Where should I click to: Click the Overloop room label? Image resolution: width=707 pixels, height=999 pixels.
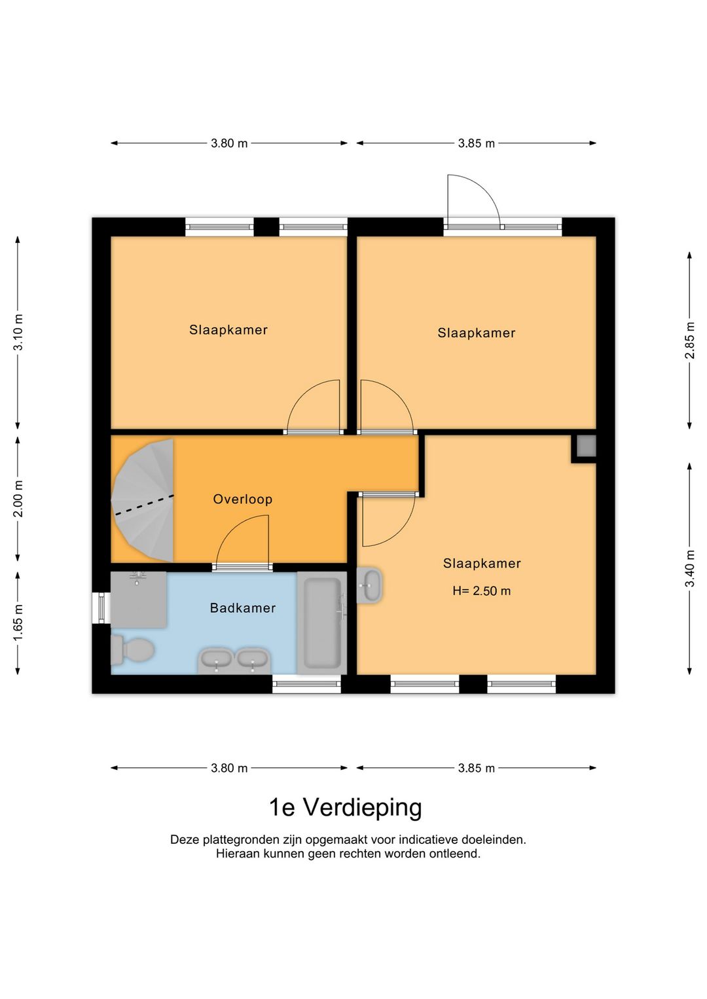click(x=242, y=499)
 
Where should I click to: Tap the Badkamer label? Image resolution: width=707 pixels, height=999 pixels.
click(x=242, y=608)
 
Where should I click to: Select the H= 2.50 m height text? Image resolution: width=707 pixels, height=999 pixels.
click(x=481, y=590)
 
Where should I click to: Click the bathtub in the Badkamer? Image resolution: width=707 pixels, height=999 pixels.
click(x=321, y=623)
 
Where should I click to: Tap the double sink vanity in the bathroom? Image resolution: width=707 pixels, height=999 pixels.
click(x=234, y=660)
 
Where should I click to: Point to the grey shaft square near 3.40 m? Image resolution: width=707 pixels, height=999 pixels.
click(x=586, y=446)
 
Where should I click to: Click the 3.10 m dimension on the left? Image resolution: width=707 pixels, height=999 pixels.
click(x=18, y=333)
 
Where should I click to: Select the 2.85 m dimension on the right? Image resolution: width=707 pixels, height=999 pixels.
click(x=689, y=340)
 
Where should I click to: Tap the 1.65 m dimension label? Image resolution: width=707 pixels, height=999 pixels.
click(x=18, y=623)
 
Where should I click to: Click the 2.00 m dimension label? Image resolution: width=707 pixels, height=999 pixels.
click(x=18, y=499)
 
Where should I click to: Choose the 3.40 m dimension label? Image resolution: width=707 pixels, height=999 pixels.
click(x=689, y=568)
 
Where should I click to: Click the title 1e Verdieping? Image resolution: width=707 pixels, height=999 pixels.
click(x=345, y=807)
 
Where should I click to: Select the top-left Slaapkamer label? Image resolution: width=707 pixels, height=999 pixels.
click(x=228, y=330)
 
